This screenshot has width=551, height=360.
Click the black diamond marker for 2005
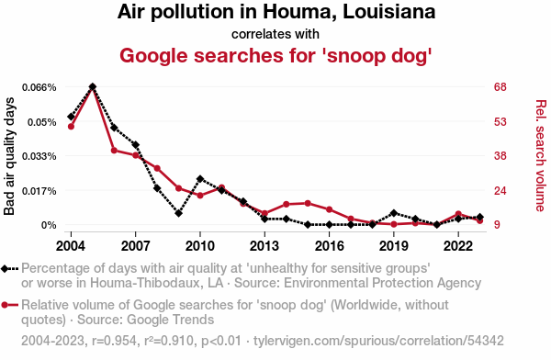93,86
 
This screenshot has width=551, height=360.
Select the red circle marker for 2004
71,127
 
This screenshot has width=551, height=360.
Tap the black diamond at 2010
200,179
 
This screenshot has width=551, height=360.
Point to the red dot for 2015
308,203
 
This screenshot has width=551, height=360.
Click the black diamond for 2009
178,213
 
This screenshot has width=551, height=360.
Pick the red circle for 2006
114,151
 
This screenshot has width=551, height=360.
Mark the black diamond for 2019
394,213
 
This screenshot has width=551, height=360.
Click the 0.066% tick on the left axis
39,87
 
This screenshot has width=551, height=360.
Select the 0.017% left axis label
39,191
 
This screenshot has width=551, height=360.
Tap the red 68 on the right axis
500,87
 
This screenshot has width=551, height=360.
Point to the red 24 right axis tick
500,191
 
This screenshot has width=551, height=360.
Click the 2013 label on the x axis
264,246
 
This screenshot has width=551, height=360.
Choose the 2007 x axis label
135,246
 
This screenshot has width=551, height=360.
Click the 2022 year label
458,246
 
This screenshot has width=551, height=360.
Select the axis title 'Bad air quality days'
9,156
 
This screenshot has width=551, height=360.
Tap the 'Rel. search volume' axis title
541,156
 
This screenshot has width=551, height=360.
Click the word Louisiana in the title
389,12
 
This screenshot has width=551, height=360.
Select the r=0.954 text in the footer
114,341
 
